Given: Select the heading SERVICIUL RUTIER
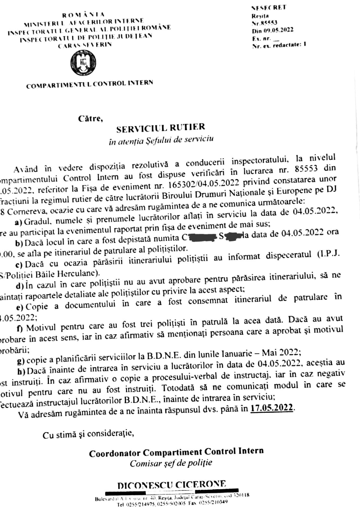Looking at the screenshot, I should pyautogui.click(x=161, y=128).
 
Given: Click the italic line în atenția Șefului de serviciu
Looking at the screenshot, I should pyautogui.click(x=161, y=140).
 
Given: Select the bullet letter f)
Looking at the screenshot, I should pyautogui.click(x=20, y=329).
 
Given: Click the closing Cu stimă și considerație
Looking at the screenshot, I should pyautogui.click(x=88, y=434).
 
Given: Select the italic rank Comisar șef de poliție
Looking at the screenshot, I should pyautogui.click(x=171, y=463).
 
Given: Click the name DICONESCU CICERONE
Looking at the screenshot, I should pyautogui.click(x=172, y=485).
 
